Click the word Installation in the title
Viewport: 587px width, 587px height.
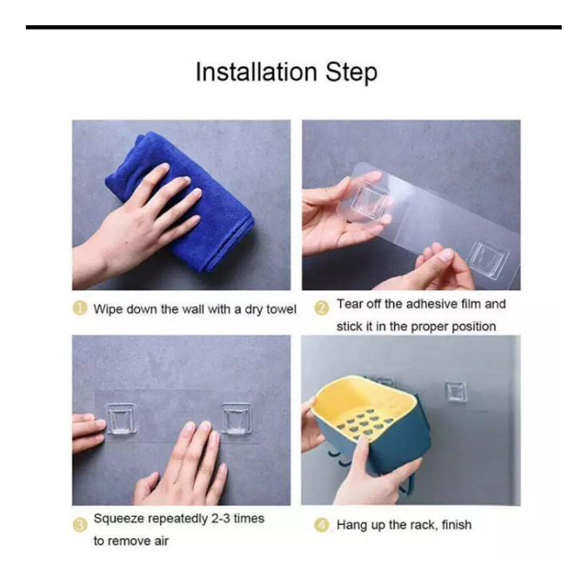tap(257, 72)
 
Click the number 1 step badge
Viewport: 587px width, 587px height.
tap(79, 309)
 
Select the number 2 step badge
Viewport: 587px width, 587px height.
tap(322, 309)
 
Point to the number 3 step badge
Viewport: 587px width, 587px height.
tap(79, 525)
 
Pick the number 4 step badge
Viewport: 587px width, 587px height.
tap(322, 525)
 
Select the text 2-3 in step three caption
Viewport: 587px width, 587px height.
tap(221, 518)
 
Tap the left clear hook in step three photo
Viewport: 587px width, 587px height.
tap(120, 418)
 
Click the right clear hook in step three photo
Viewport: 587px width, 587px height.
tap(236, 418)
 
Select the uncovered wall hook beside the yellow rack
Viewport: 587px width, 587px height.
tap(456, 392)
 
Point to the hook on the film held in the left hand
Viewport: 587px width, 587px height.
tap(369, 203)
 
